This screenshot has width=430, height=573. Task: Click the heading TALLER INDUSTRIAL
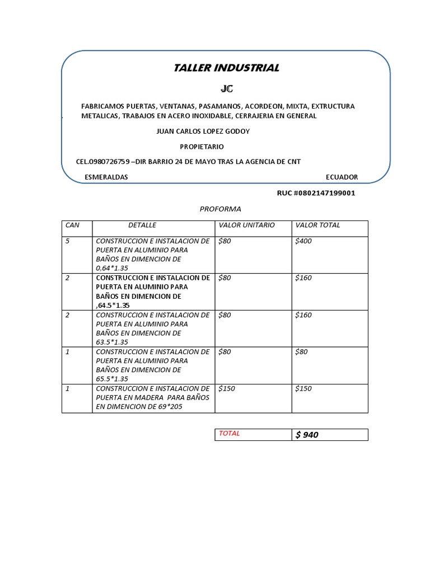[x=226, y=68]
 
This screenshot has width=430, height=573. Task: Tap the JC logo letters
[x=226, y=89]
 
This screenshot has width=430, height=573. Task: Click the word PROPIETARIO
[x=202, y=147]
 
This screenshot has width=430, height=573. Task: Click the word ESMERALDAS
[x=106, y=177]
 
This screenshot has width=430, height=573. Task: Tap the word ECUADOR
[x=342, y=177]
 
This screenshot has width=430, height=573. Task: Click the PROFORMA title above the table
[x=221, y=209]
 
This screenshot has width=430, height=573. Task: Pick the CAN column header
[x=73, y=225]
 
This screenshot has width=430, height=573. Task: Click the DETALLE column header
[x=142, y=225]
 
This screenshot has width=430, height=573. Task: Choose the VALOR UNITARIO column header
[x=247, y=225]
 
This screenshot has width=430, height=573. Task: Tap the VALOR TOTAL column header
[x=317, y=225]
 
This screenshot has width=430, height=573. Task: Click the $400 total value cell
[x=303, y=241]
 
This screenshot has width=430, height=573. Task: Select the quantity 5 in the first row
[x=68, y=241]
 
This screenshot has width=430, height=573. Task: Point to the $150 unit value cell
[x=227, y=389]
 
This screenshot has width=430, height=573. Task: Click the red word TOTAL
[x=229, y=434]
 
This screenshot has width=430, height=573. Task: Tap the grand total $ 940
[x=307, y=435]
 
